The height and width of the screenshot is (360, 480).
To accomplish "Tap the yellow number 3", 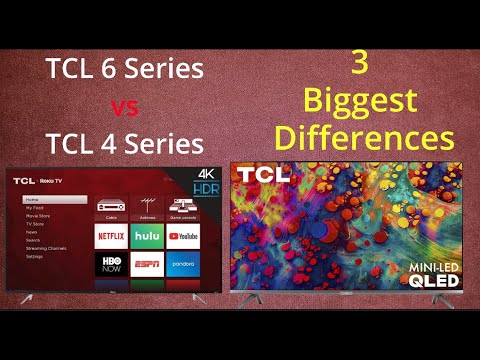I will (x=360, y=63).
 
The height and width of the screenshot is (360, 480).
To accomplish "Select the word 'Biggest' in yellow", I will (x=362, y=101).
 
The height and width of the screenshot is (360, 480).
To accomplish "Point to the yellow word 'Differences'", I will (x=363, y=137).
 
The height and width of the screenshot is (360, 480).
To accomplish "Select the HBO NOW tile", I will (x=112, y=265).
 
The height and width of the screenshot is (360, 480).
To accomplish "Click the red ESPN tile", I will (x=147, y=265).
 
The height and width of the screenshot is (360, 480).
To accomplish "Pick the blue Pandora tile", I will (x=182, y=265).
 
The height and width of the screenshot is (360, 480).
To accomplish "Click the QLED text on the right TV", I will (x=433, y=281).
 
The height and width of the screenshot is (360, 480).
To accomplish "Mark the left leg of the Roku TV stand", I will (x=26, y=298).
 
